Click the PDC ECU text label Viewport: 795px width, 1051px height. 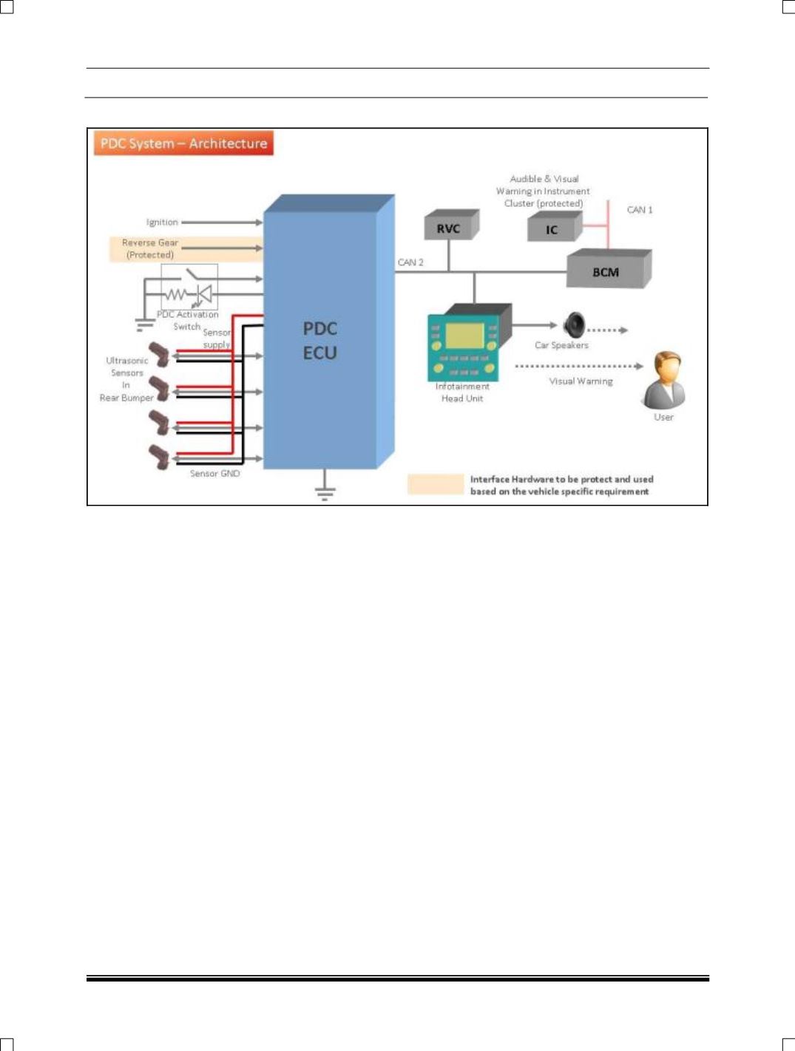320,341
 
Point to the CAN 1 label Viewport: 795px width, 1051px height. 640,210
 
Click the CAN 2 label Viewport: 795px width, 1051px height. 410,262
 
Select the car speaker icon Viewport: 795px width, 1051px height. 574,324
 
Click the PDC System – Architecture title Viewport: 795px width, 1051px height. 183,143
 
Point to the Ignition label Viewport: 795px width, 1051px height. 162,222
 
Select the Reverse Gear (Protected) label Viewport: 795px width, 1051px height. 150,248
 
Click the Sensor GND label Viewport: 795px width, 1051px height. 214,473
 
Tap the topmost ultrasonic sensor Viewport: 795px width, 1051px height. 160,355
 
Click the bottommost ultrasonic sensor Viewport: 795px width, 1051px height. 160,456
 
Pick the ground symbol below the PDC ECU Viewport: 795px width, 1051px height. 325,489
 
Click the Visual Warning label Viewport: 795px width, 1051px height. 581,381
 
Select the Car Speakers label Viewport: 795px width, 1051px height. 561,345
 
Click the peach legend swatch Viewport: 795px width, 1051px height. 436,484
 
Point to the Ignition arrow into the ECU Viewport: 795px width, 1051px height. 222,222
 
